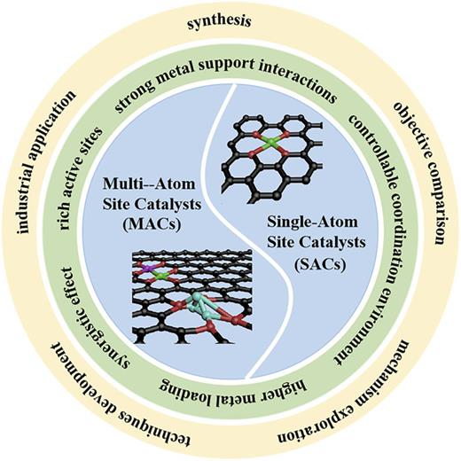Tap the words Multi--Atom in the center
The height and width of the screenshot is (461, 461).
(x=153, y=187)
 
